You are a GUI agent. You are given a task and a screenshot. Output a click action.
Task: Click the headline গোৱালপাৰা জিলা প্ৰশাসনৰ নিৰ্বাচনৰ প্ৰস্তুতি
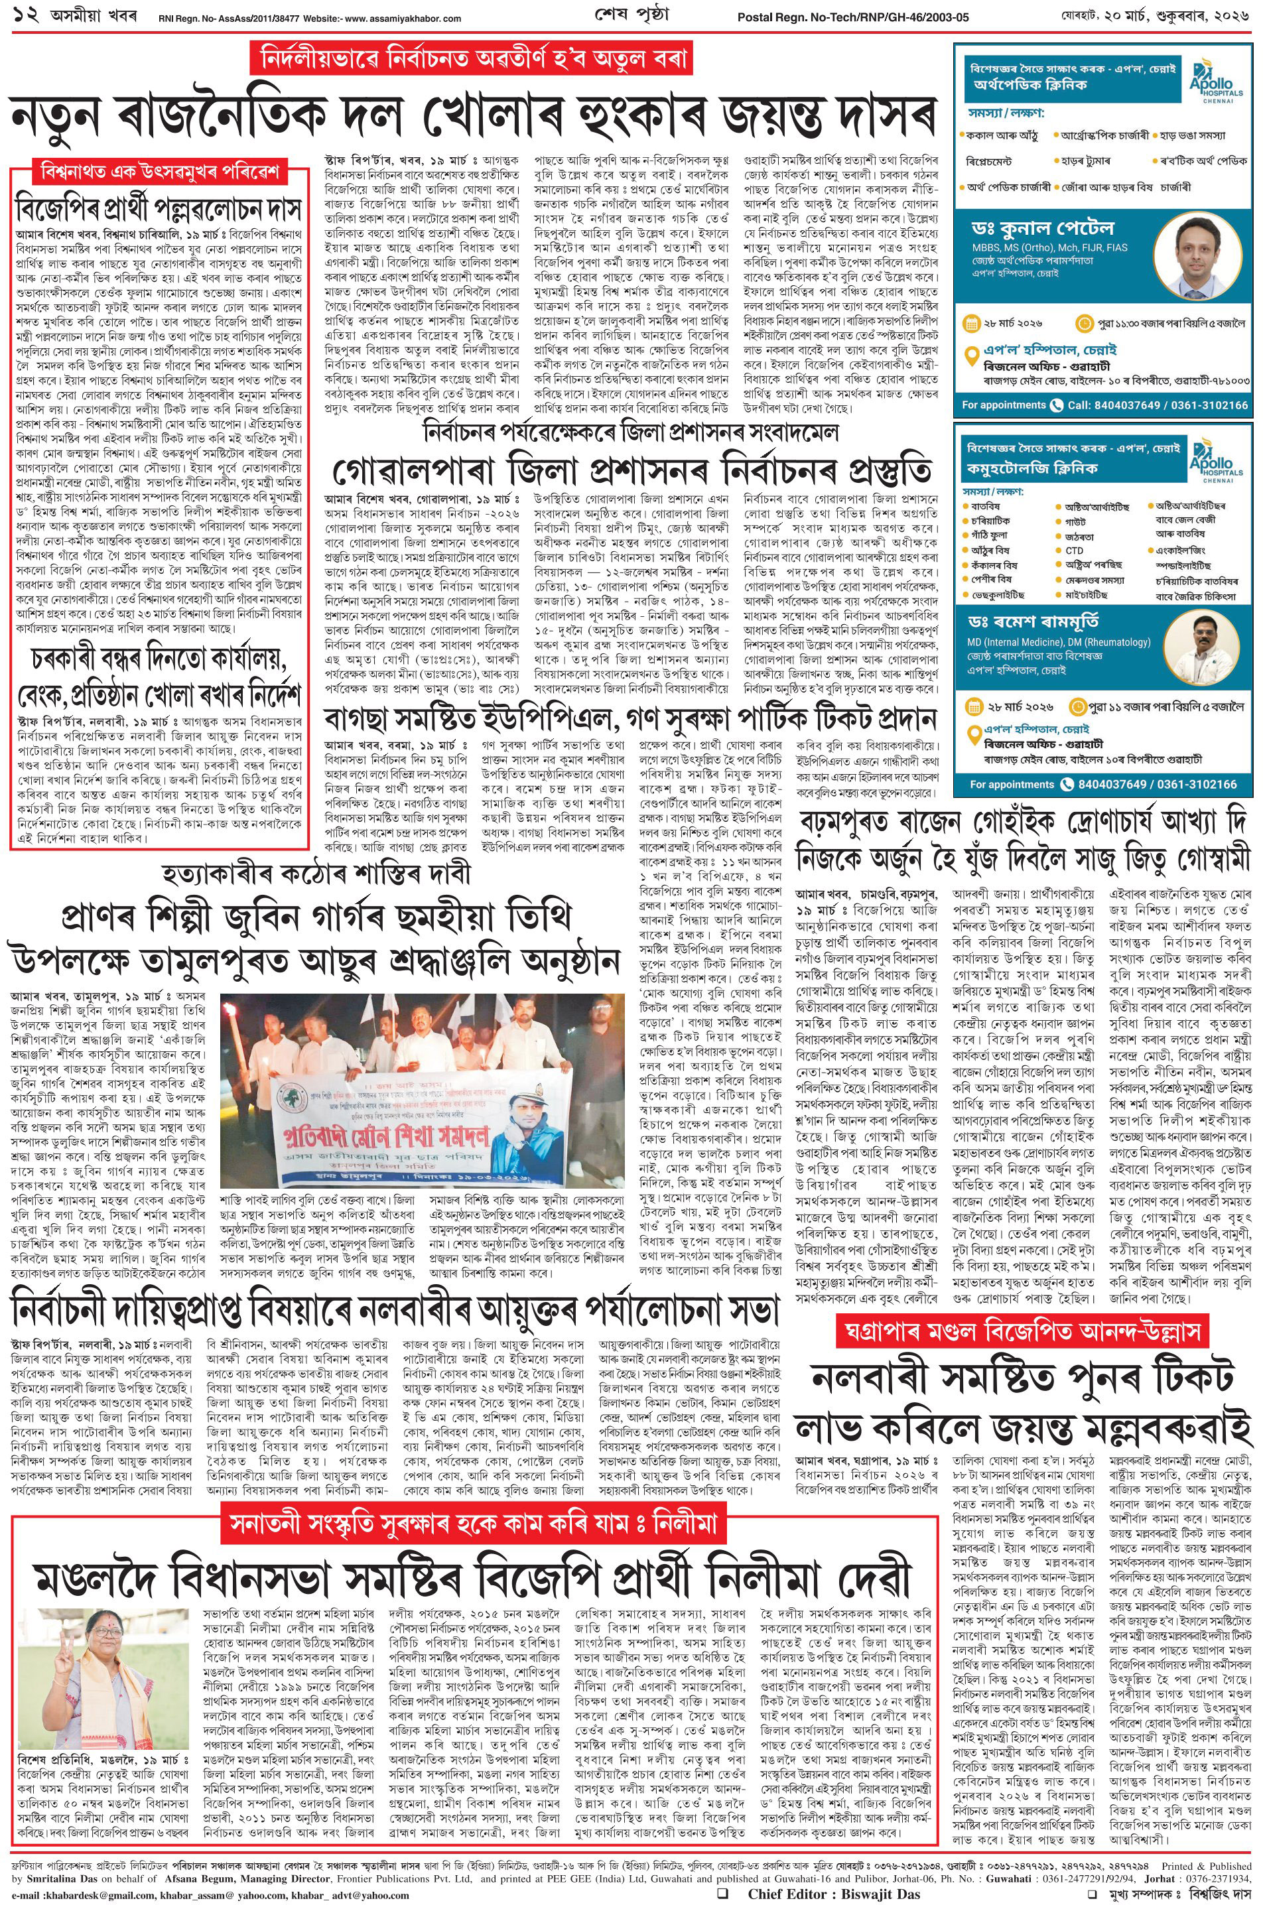point(633,468)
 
